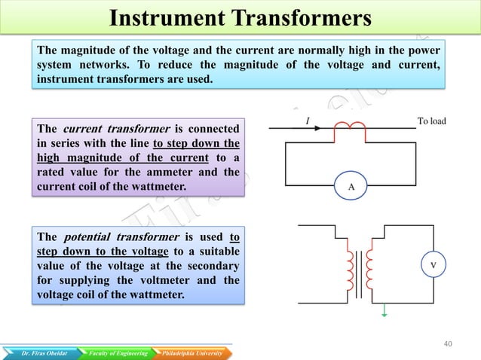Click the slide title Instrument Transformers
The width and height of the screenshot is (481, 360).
pos(240,17)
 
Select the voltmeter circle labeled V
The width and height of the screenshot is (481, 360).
pos(432,265)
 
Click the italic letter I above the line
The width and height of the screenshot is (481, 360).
pos(307,121)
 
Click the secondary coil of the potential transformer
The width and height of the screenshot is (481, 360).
pos(370,270)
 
